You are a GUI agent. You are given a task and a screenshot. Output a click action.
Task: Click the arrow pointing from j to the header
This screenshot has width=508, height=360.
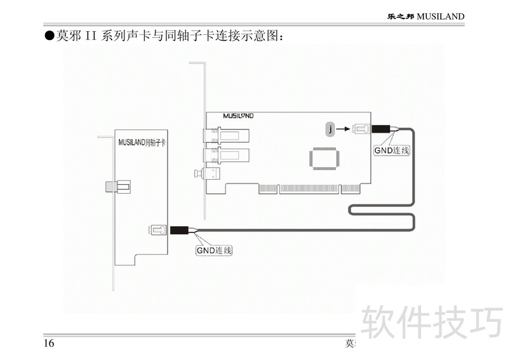pos(343,130)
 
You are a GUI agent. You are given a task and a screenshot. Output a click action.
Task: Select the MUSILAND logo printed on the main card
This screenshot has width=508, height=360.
pos(239,116)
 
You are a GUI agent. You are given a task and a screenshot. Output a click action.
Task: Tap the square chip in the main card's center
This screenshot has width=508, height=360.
pos(324,157)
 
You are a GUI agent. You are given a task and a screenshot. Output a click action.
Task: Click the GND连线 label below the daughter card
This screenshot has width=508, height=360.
pos(213,250)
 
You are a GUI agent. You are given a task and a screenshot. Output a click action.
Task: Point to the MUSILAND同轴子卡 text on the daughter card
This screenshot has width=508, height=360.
pos(142,143)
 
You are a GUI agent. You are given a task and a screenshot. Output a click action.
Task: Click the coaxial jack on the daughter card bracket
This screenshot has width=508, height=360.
pos(118,187)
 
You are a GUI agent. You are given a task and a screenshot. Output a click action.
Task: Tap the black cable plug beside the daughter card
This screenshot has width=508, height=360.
pos(182,230)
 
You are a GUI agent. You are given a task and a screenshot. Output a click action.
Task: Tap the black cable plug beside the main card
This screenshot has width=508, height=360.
pos(381,129)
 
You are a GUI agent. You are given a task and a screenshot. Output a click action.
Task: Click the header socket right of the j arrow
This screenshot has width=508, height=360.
pos(361,130)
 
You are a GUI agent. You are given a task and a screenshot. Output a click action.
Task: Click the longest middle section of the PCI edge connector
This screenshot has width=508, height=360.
pos(309,189)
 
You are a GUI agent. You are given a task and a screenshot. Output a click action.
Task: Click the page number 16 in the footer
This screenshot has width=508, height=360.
pos(49,343)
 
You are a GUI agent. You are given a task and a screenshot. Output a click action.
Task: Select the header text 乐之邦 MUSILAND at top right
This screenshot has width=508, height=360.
pos(426,16)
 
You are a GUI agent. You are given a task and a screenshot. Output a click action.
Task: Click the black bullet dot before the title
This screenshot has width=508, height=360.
pos(48,36)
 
